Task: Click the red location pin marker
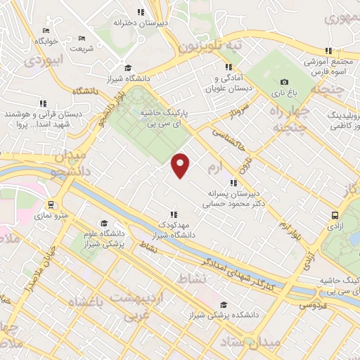(x=181, y=165)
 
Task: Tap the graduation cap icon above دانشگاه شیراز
(x=127, y=68)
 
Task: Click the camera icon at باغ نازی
(x=284, y=82)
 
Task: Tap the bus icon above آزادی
(x=335, y=217)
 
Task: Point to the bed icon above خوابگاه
(x=46, y=31)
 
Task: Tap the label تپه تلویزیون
(x=209, y=46)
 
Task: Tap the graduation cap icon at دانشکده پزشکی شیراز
(x=224, y=304)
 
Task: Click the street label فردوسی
(x=311, y=305)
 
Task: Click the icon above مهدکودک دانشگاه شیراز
(x=173, y=214)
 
